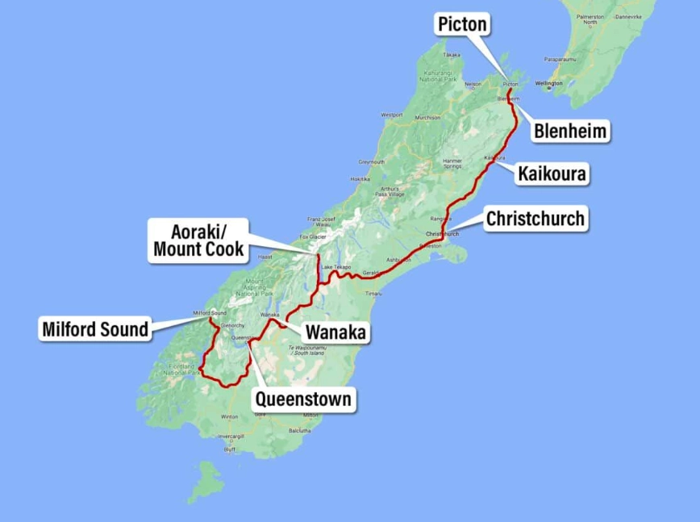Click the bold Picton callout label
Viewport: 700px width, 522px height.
(462, 24)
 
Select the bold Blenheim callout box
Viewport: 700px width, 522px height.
(570, 132)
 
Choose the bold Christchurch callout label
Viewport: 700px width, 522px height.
(535, 219)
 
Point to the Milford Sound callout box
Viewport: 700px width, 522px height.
(95, 328)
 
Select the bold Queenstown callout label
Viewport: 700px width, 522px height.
(303, 399)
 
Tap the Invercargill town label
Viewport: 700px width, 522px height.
(231, 436)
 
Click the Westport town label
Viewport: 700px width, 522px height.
(392, 115)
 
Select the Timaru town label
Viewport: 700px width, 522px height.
(373, 294)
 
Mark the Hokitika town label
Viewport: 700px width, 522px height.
(360, 179)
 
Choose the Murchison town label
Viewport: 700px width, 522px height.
(427, 118)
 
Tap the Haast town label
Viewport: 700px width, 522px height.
(265, 257)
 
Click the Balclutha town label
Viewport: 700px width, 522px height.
(299, 431)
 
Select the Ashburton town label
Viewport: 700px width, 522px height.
(398, 260)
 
